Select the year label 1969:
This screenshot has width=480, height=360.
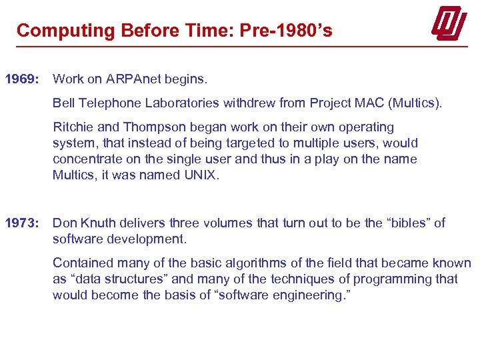tap(23, 79)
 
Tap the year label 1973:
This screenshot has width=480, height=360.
tap(23, 223)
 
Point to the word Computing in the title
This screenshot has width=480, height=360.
tap(66, 31)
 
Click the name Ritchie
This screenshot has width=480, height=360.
tap(73, 127)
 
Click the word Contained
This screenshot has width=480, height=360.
tap(82, 263)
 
